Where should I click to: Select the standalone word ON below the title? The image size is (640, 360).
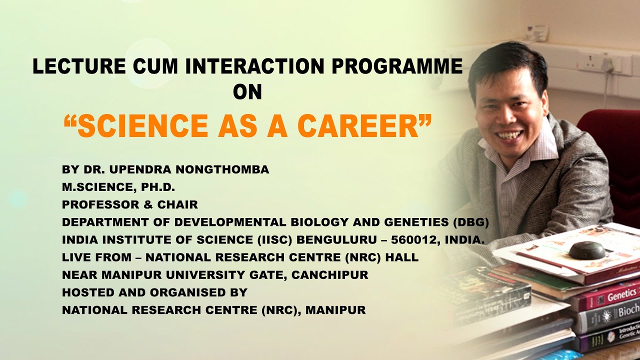(x=247, y=92)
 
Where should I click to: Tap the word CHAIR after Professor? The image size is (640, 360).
(x=179, y=204)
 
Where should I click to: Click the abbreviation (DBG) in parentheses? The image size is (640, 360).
(x=468, y=222)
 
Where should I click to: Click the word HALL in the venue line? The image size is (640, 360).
(x=403, y=257)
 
